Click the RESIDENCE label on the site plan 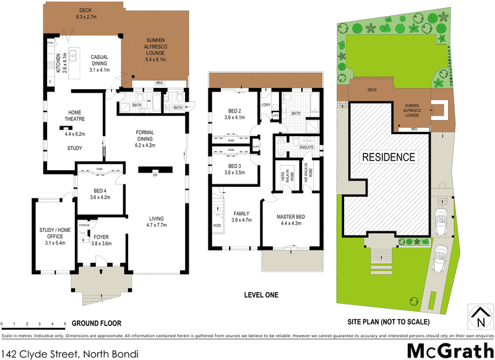pyautogui.click(x=389, y=157)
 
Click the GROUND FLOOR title pyautogui.click(x=96, y=324)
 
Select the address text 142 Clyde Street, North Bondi pyautogui.click(x=69, y=353)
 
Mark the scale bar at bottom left pyautogui.click(x=34, y=326)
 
